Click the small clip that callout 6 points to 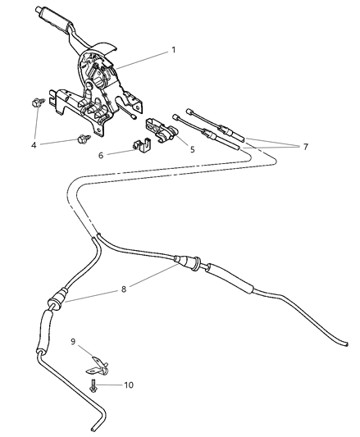[x=138, y=148]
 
